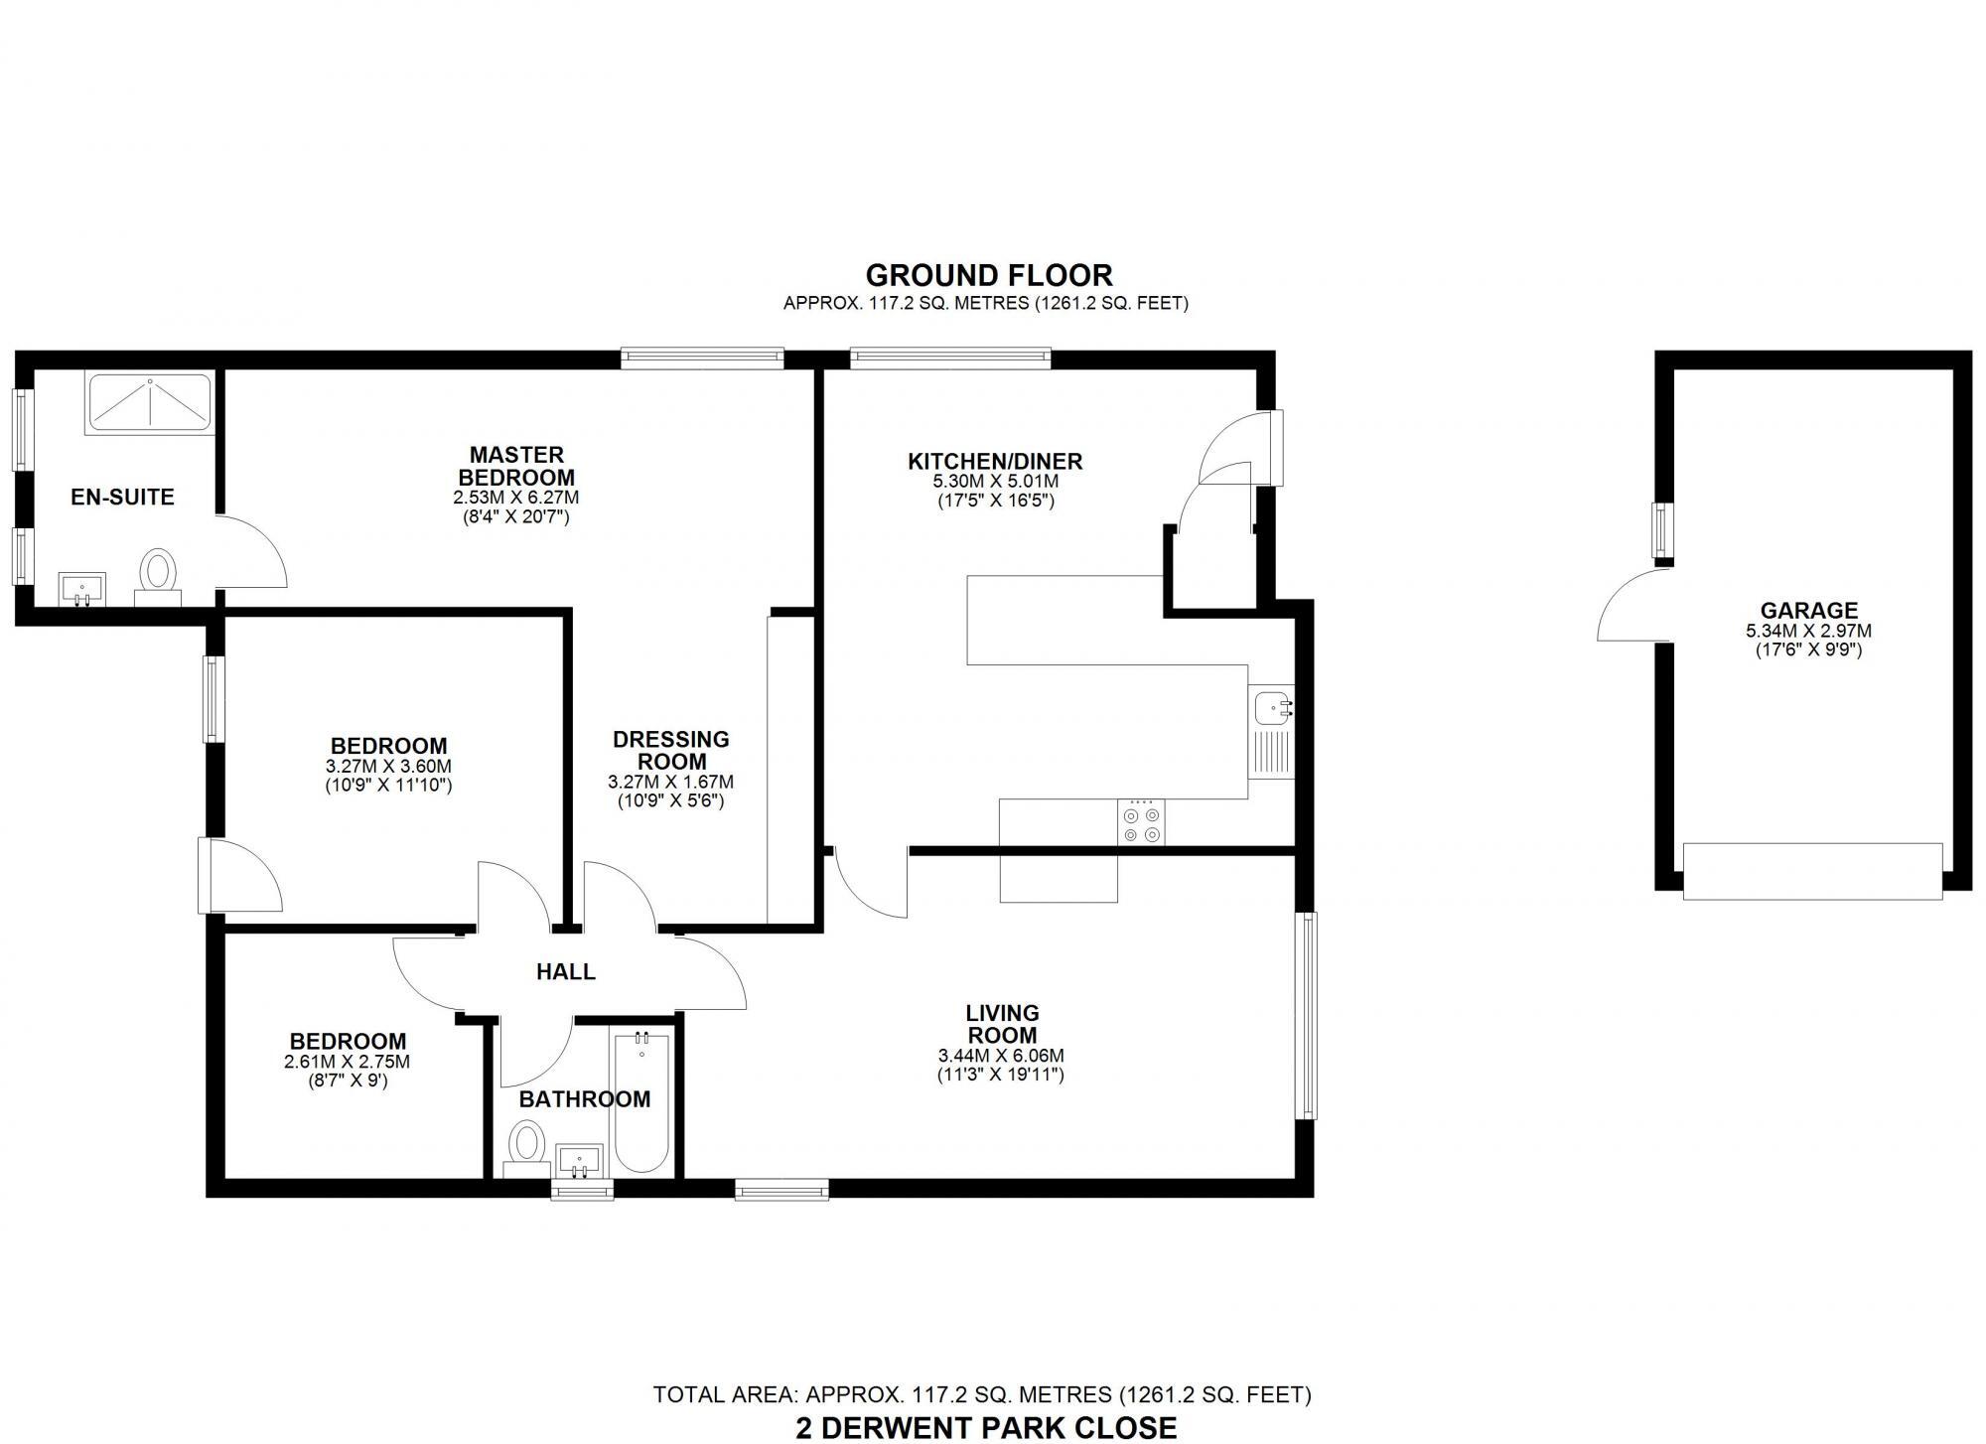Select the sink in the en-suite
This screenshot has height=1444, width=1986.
point(80,588)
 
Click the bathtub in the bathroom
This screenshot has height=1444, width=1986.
point(641,1101)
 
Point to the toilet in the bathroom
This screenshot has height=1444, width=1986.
point(526,1146)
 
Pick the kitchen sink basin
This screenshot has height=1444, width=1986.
point(1273,708)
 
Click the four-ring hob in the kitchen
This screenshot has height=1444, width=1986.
point(1141,823)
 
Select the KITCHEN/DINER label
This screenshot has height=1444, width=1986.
point(995,461)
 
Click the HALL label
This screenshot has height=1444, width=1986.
point(566,971)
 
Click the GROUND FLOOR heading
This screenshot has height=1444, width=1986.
point(989,274)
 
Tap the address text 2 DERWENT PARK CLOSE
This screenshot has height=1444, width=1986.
point(986,1427)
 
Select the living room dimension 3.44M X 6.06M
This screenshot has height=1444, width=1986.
point(1002,1056)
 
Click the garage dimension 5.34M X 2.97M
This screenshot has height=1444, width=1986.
point(1808,631)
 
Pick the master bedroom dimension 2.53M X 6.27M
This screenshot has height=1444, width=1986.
point(516,498)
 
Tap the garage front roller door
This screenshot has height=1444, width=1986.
point(1812,871)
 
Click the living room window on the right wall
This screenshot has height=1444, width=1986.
point(1308,1016)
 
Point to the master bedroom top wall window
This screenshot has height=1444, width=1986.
point(702,358)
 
